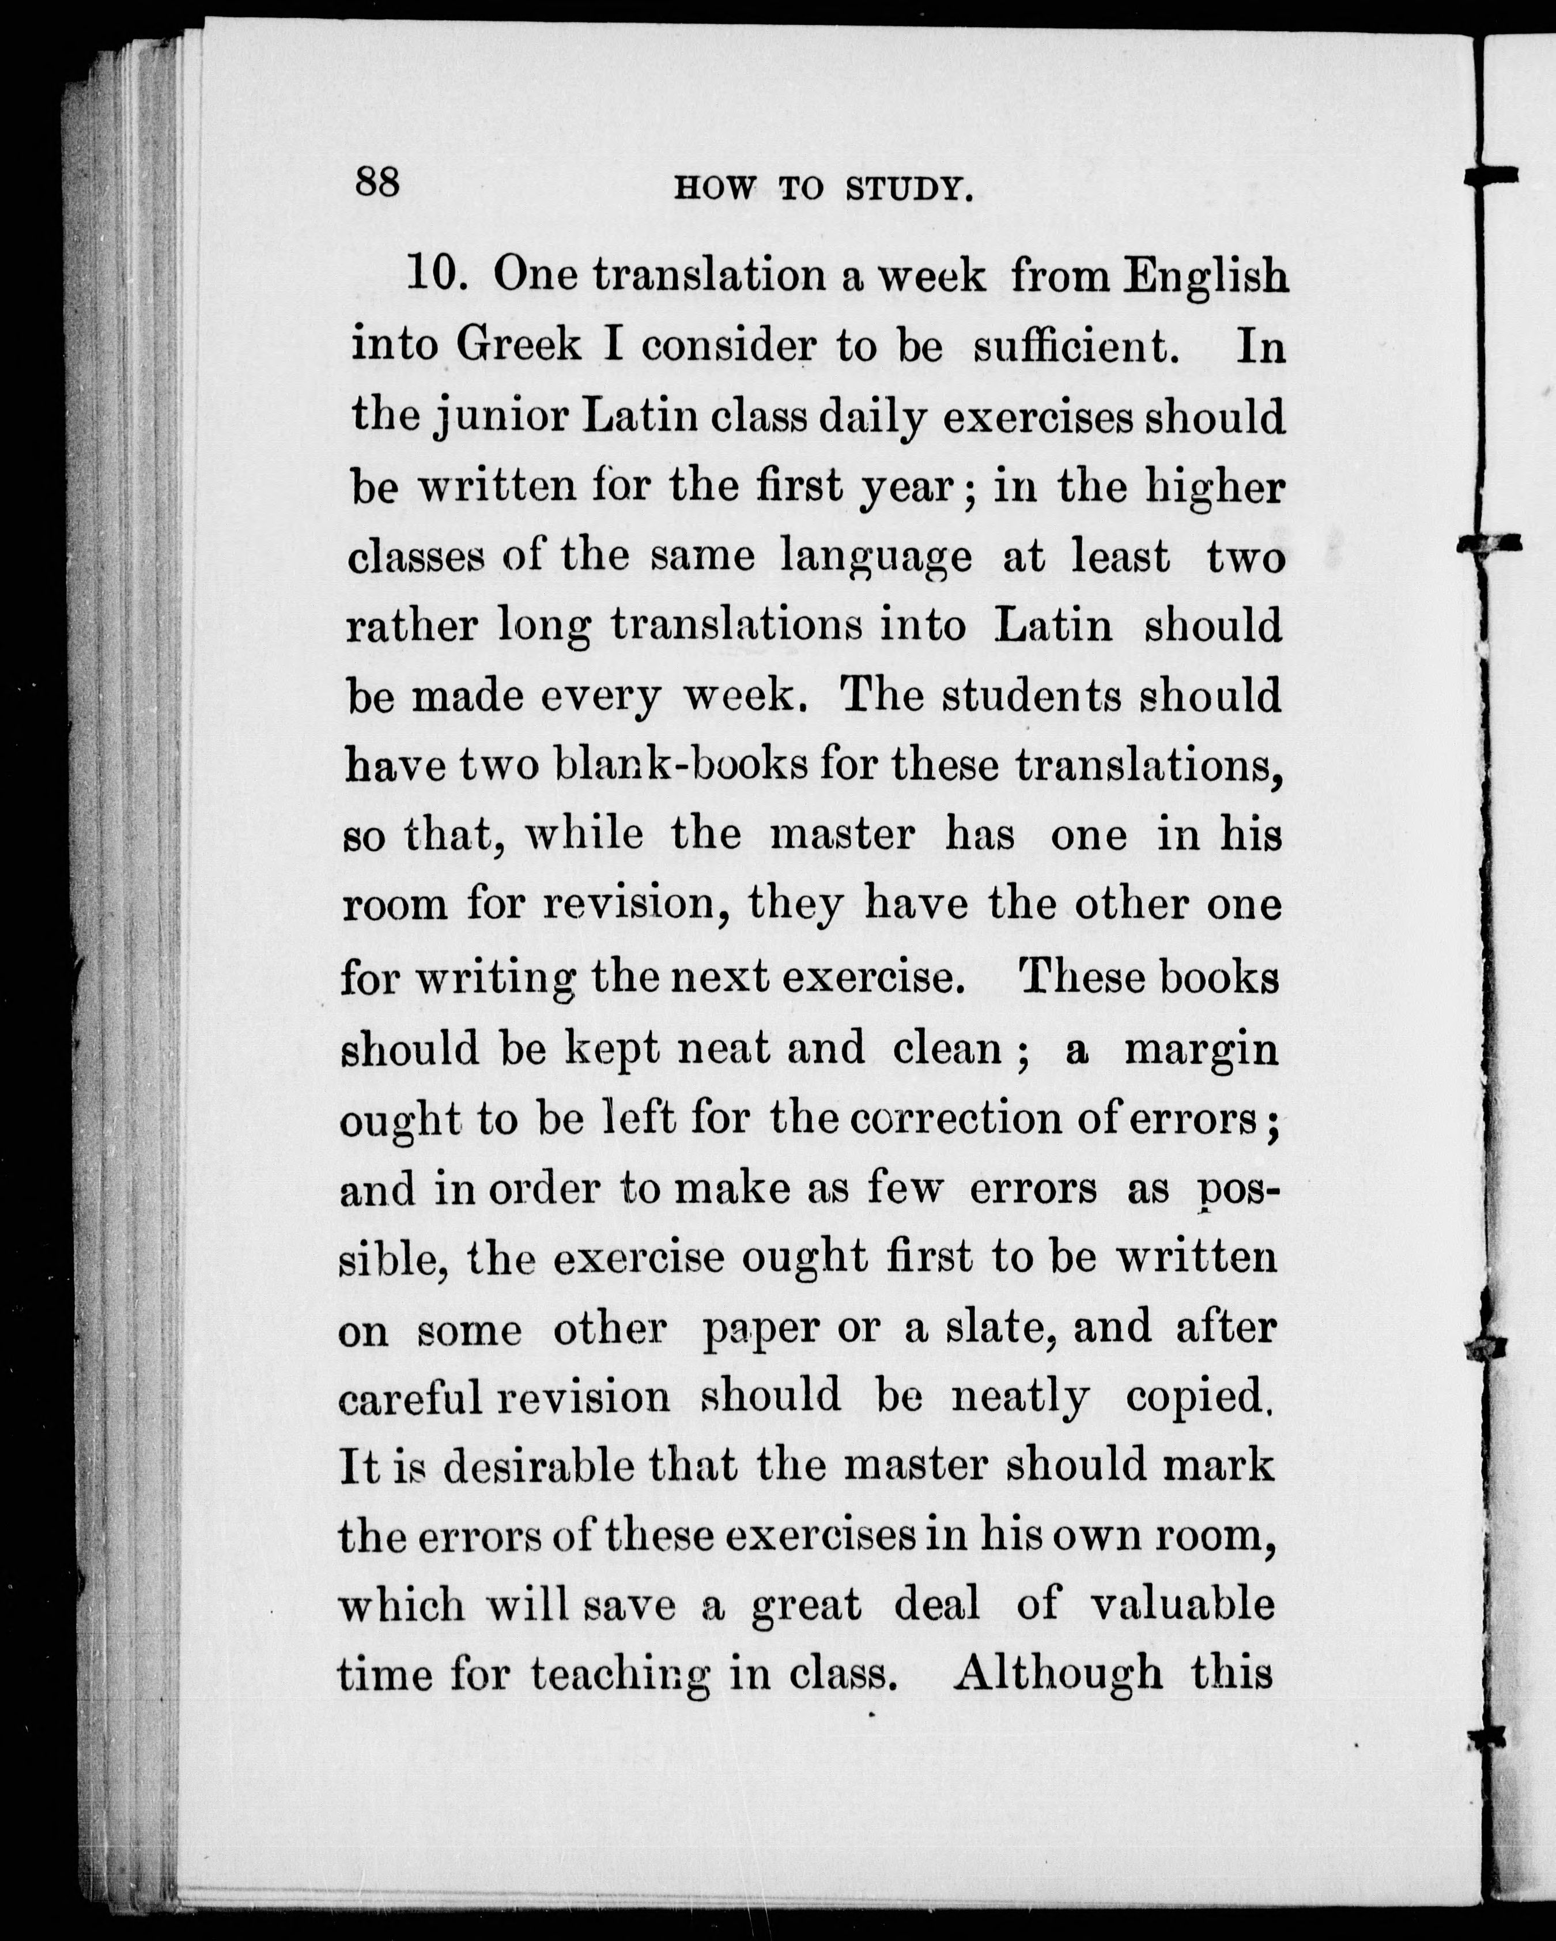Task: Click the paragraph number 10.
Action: tap(435, 274)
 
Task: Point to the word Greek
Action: tap(519, 345)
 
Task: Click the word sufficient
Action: tap(1076, 346)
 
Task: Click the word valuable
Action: tap(1181, 1605)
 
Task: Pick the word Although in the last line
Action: tap(1058, 1675)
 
